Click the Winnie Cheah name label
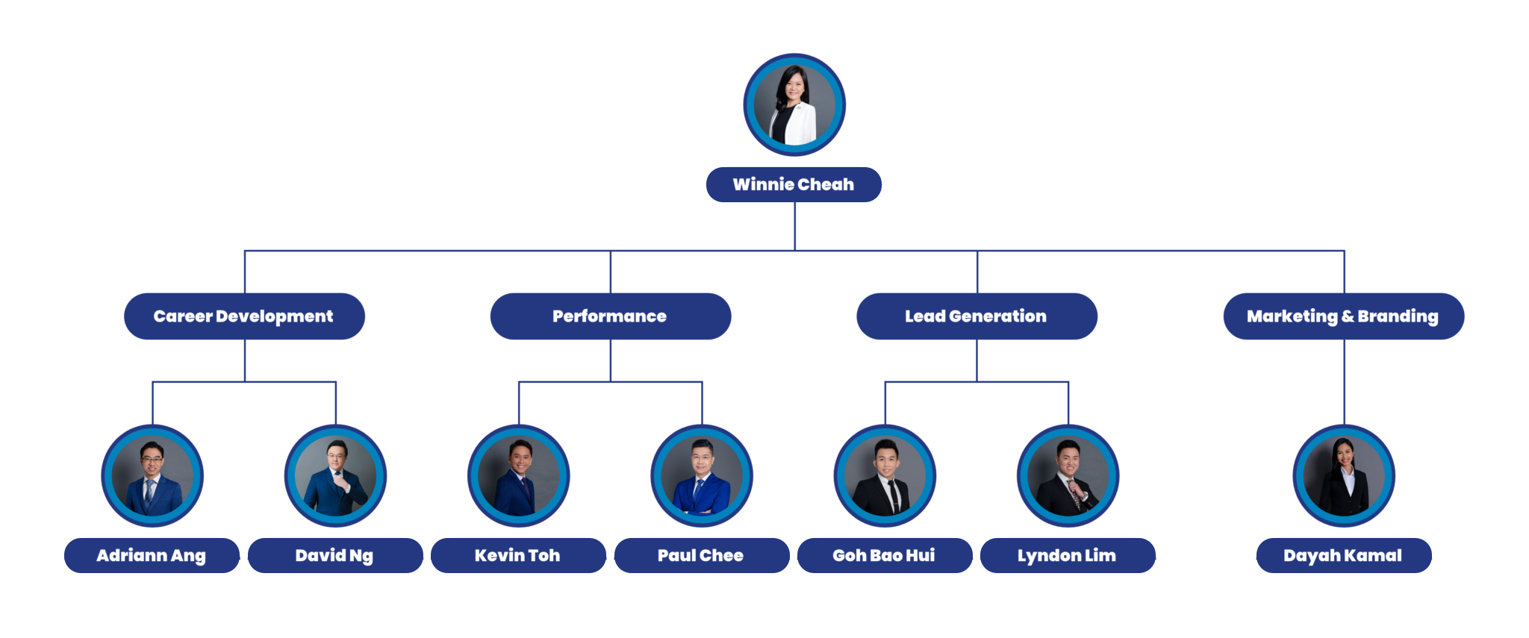(x=794, y=184)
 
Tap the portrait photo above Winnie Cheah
(x=794, y=105)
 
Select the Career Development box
(x=244, y=316)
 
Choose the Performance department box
(x=610, y=316)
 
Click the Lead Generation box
(x=977, y=316)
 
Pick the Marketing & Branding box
(x=1343, y=316)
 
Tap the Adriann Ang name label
(x=152, y=555)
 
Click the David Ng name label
(x=335, y=555)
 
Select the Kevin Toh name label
(x=518, y=555)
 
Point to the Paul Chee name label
(x=701, y=555)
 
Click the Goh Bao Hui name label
(x=885, y=555)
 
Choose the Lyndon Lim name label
(x=1068, y=555)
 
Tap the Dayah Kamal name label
(x=1343, y=555)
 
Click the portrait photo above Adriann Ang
(x=152, y=476)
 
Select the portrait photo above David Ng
(x=335, y=476)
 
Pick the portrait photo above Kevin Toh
(x=519, y=476)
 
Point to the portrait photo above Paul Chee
(x=702, y=476)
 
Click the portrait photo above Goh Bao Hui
(x=885, y=476)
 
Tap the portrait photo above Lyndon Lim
(x=1068, y=476)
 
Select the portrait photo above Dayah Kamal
(x=1344, y=476)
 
